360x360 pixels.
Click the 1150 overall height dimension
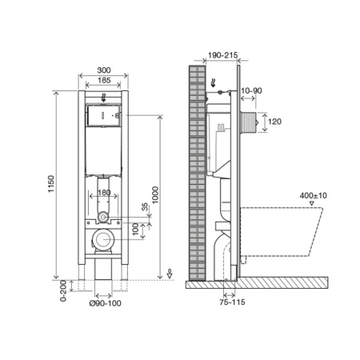click(51, 184)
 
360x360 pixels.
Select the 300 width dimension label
click(104, 70)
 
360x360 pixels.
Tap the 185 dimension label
click(104, 80)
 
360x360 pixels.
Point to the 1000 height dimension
click(155, 195)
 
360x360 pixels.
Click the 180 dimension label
click(104, 192)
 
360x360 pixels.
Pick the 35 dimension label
click(145, 207)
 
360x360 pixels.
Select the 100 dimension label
click(136, 230)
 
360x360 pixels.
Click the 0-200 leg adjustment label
click(63, 290)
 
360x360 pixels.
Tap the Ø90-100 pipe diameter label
click(105, 303)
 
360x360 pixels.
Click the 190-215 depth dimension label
click(222, 55)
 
